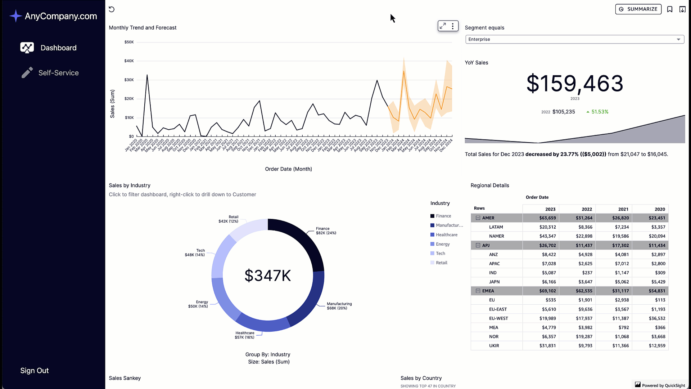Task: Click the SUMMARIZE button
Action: pyautogui.click(x=638, y=9)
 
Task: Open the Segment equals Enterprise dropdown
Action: pyautogui.click(x=574, y=39)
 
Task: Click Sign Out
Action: pyautogui.click(x=35, y=371)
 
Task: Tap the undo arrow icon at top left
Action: pyautogui.click(x=112, y=9)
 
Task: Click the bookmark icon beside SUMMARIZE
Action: pyautogui.click(x=670, y=9)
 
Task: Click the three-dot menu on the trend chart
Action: pyautogui.click(x=453, y=26)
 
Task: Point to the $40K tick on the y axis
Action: pyautogui.click(x=129, y=61)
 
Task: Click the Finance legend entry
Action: pyautogui.click(x=443, y=216)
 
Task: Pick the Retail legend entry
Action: pyautogui.click(x=441, y=263)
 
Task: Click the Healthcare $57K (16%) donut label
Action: pyautogui.click(x=245, y=335)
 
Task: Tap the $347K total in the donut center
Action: pyautogui.click(x=267, y=276)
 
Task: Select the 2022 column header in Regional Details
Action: pyautogui.click(x=587, y=209)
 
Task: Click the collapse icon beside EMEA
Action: pyautogui.click(x=478, y=291)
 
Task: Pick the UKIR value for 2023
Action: pyautogui.click(x=547, y=346)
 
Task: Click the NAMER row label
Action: pyautogui.click(x=496, y=236)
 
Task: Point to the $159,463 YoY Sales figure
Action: pyautogui.click(x=575, y=84)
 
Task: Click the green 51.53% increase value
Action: pyautogui.click(x=600, y=112)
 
